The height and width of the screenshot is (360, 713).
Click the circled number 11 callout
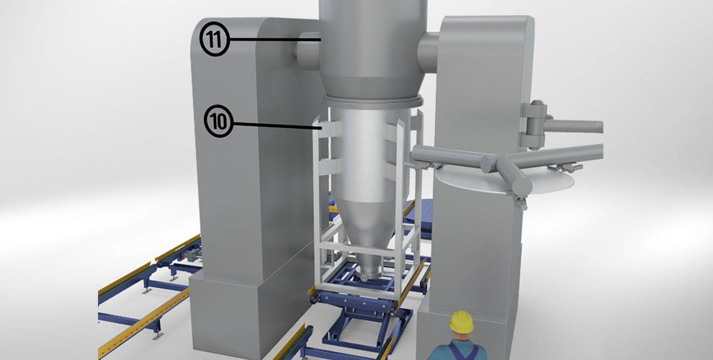pyautogui.click(x=215, y=39)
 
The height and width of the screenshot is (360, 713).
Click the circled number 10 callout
pyautogui.click(x=219, y=122)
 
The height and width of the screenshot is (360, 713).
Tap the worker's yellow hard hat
pyautogui.click(x=462, y=321)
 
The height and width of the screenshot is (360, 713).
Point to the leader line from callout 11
pyautogui.click(x=276, y=40)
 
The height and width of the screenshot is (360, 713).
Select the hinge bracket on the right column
pyautogui.click(x=534, y=125)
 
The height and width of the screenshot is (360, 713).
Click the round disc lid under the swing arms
pyautogui.click(x=503, y=179)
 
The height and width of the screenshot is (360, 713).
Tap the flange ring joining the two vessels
pyautogui.click(x=372, y=102)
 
